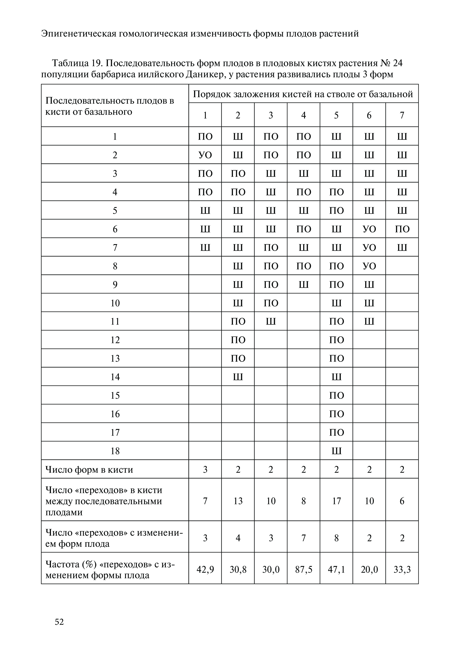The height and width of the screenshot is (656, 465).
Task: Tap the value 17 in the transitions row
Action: point(336,501)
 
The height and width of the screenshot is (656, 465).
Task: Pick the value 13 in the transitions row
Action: point(238,501)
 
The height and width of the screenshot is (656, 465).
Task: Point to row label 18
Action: point(115,451)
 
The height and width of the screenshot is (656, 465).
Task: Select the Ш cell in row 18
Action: point(336,451)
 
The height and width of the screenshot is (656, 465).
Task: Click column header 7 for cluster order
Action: point(402,115)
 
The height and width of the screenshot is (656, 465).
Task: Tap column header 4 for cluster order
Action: point(304,115)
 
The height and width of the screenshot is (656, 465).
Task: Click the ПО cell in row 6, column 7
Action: point(402,229)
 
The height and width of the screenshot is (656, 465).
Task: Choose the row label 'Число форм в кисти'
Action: point(89,470)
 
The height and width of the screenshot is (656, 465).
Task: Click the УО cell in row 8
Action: point(369,266)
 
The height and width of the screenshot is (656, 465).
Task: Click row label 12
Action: point(115,340)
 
